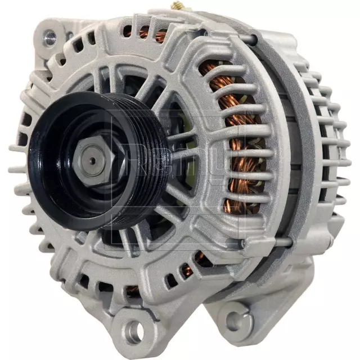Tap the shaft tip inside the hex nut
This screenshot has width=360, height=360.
coord(92,156)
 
